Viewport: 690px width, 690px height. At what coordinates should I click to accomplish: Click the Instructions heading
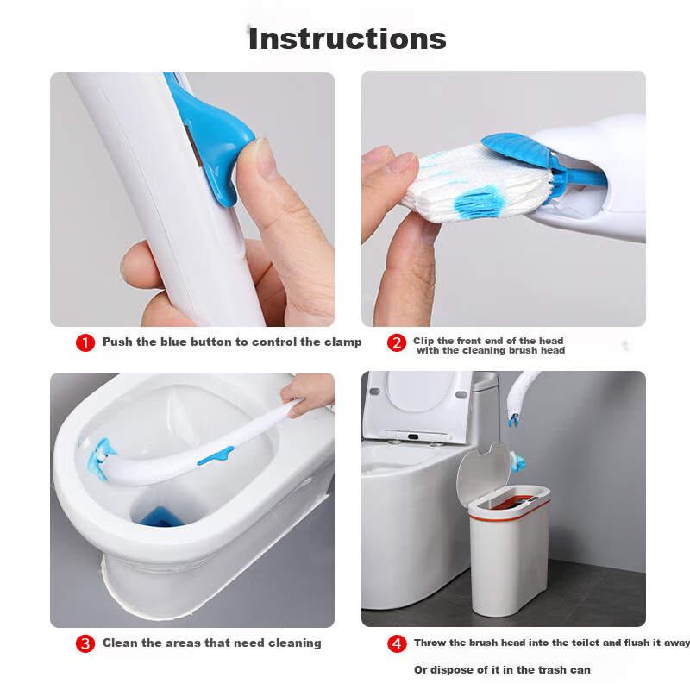pyautogui.click(x=348, y=39)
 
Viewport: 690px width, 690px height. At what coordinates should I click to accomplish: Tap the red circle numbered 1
pyautogui.click(x=85, y=342)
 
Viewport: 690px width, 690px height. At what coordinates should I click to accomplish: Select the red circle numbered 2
pyautogui.click(x=397, y=342)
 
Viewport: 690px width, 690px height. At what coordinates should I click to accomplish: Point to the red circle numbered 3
pyautogui.click(x=85, y=643)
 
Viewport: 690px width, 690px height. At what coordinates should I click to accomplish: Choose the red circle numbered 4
pyautogui.click(x=397, y=643)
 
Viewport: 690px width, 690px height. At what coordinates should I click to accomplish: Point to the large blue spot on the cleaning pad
pyautogui.click(x=479, y=202)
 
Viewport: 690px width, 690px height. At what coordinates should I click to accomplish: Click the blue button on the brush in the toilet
pyautogui.click(x=215, y=456)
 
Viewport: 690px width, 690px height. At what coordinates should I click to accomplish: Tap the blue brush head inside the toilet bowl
pyautogui.click(x=97, y=458)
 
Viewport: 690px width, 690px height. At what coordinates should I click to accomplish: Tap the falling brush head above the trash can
pyautogui.click(x=517, y=461)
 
